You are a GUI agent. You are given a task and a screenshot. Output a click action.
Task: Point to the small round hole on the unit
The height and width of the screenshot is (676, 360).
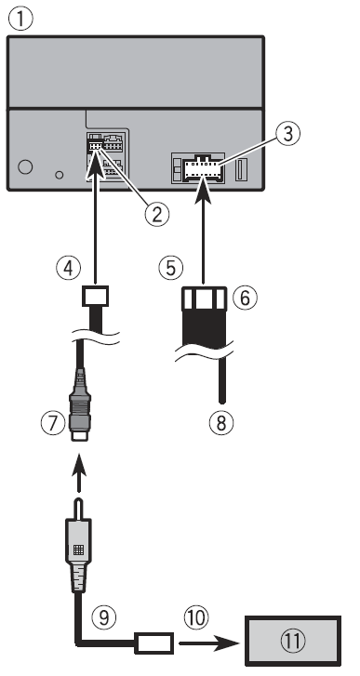pyautogui.click(x=60, y=174)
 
